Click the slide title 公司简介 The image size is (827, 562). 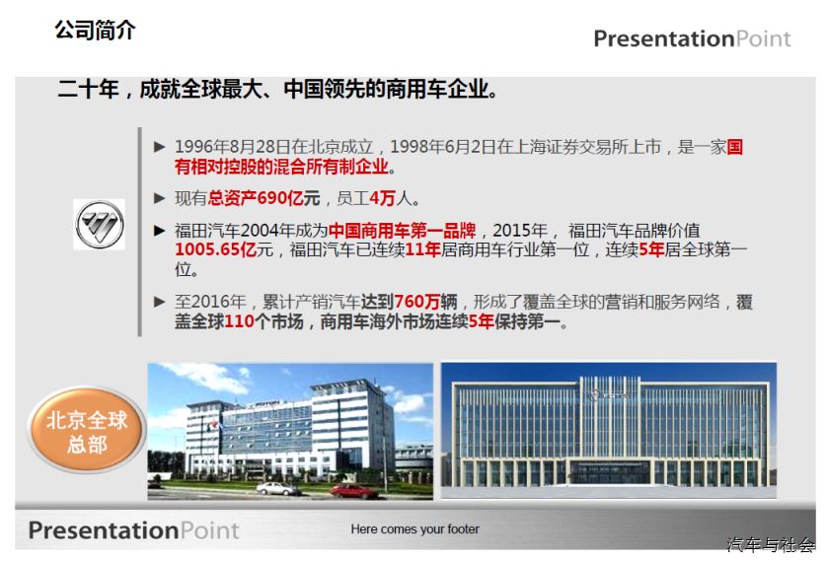coord(95,30)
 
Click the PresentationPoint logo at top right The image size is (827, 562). coord(692,38)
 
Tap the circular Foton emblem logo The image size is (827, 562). coord(100,225)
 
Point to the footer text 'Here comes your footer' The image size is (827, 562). coord(415,528)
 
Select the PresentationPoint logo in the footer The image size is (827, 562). coord(133,529)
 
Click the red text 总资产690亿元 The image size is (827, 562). coord(263,198)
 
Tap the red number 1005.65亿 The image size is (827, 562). coord(216,249)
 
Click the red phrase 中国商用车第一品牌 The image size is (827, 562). coord(402,230)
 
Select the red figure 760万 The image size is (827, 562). coord(417,302)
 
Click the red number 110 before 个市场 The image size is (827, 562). coord(240,321)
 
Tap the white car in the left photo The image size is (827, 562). coord(278,489)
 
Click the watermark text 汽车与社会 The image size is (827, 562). coord(771,544)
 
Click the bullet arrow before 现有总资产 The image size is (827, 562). coord(159,198)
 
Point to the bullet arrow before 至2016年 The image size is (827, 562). coord(159,302)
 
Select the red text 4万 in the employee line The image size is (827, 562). coord(382,198)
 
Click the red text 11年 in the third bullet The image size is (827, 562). coord(423,249)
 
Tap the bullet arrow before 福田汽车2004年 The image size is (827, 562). coord(159,230)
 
